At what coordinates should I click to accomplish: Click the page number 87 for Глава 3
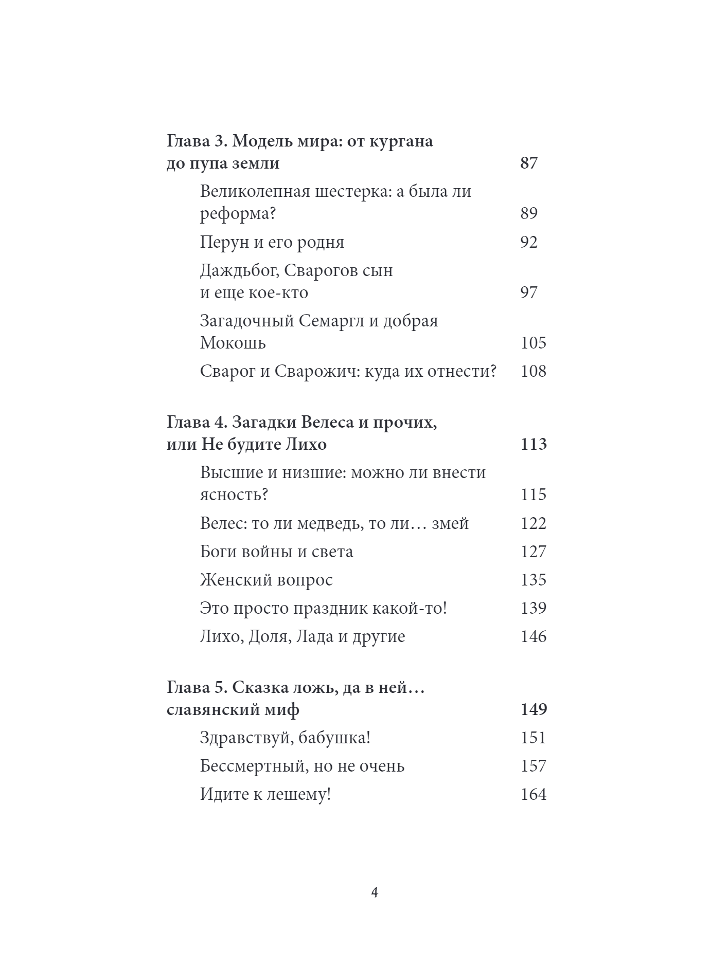[529, 163]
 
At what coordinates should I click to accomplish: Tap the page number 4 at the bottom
[375, 892]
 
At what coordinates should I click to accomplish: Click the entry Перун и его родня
[272, 242]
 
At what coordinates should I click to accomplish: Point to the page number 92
[529, 242]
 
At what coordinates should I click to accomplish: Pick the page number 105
[533, 343]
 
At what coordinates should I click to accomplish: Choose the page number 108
[533, 371]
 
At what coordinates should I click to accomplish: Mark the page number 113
[533, 444]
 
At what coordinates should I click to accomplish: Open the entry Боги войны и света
[276, 552]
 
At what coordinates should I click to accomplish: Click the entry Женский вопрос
[266, 580]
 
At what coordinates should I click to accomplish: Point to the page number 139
[533, 609]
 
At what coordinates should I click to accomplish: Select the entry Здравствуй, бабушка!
[285, 738]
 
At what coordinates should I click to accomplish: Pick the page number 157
[533, 766]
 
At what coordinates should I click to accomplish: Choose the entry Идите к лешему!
[265, 795]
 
